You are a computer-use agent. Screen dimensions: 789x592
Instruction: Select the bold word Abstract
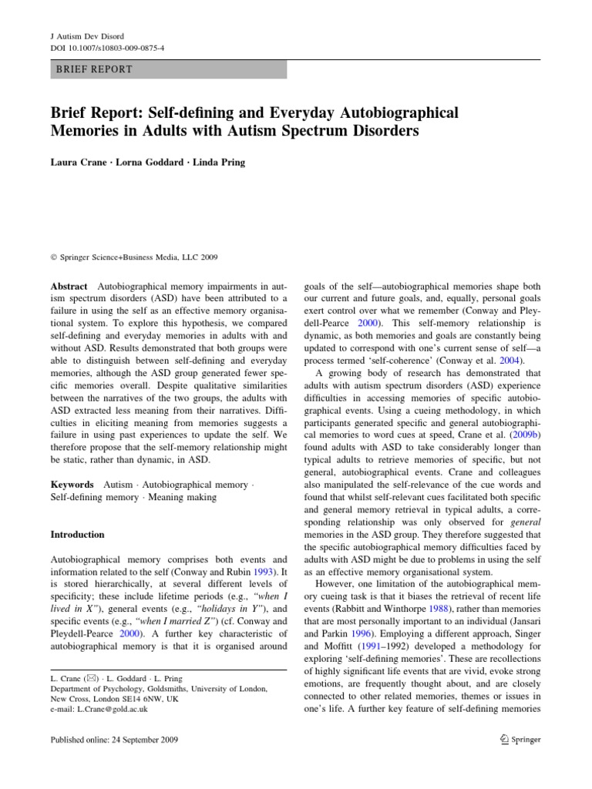[x=69, y=285]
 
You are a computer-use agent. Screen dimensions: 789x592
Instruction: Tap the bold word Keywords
[x=72, y=485]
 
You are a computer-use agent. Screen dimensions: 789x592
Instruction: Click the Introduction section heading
[x=77, y=534]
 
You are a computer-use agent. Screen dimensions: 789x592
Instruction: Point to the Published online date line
[x=113, y=740]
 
